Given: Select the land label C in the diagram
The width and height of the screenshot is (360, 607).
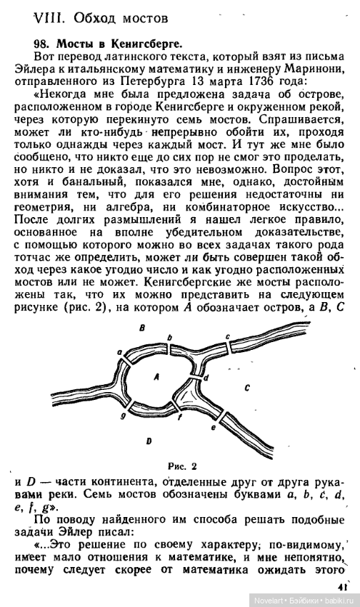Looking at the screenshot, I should [246, 386].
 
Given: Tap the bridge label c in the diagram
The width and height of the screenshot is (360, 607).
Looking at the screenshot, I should [226, 336].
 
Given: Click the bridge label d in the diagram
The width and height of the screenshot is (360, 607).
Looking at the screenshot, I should [206, 377].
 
